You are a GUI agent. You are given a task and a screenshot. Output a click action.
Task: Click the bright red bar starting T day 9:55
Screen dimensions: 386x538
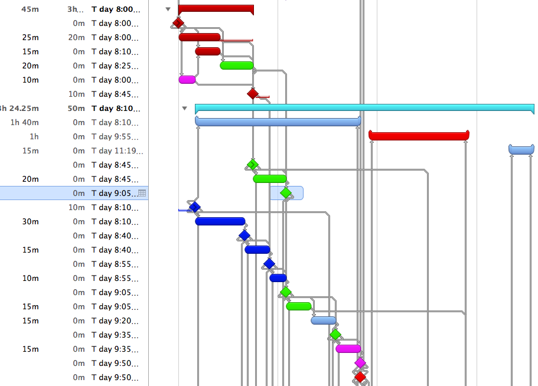point(419,136)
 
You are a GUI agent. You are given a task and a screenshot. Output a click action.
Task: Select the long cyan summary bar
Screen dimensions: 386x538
point(364,108)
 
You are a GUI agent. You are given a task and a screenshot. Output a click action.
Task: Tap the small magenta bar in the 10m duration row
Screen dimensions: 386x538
point(187,80)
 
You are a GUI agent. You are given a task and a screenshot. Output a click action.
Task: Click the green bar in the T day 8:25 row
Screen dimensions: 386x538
point(236,66)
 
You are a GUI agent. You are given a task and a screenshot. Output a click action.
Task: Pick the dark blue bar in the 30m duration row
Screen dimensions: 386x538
point(220,221)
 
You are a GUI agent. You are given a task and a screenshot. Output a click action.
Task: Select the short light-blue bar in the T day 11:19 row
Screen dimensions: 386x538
point(521,150)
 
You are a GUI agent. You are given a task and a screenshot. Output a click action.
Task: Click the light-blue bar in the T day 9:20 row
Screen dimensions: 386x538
point(324,320)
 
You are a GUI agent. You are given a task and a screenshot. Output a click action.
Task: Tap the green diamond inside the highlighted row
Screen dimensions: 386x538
point(286,193)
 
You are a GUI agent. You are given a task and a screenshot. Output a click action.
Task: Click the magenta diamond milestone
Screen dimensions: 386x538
point(360,362)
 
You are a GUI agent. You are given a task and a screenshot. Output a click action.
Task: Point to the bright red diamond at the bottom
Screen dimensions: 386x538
point(360,377)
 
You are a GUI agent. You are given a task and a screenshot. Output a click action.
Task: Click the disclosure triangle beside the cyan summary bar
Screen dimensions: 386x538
point(184,108)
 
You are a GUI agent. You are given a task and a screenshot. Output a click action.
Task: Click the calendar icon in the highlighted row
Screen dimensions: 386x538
point(142,193)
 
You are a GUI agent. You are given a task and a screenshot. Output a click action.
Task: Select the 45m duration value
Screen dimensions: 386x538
point(30,9)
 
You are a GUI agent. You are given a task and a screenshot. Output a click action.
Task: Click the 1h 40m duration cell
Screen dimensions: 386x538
point(25,122)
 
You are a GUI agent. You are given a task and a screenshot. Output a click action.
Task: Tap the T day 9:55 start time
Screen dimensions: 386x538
point(115,136)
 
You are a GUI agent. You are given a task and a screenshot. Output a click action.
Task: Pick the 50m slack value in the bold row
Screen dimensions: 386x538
point(76,108)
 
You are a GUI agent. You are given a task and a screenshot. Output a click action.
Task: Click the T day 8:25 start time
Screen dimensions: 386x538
point(115,66)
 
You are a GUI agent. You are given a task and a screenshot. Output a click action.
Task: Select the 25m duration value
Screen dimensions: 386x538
point(30,37)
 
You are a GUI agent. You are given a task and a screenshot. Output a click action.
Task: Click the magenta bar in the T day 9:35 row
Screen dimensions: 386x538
point(348,349)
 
